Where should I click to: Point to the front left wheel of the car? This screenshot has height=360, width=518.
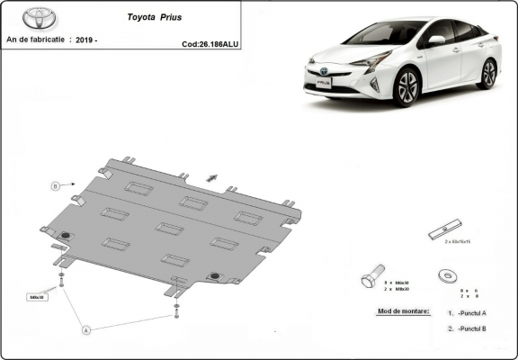(406, 87)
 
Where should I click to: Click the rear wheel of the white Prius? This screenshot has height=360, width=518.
(488, 73)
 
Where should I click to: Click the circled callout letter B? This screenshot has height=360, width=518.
(55, 186)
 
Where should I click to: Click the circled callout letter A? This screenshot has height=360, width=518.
(87, 330)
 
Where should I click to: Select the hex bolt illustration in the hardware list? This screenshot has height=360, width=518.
(371, 274)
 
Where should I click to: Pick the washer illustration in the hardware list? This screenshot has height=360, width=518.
(446, 274)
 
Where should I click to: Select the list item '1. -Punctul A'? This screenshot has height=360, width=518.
(467, 312)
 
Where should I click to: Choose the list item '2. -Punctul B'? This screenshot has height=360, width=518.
(467, 329)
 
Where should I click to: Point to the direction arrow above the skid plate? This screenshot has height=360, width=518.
(211, 176)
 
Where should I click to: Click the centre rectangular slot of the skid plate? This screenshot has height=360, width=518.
(169, 228)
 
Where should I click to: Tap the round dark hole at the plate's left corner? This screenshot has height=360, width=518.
(65, 237)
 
